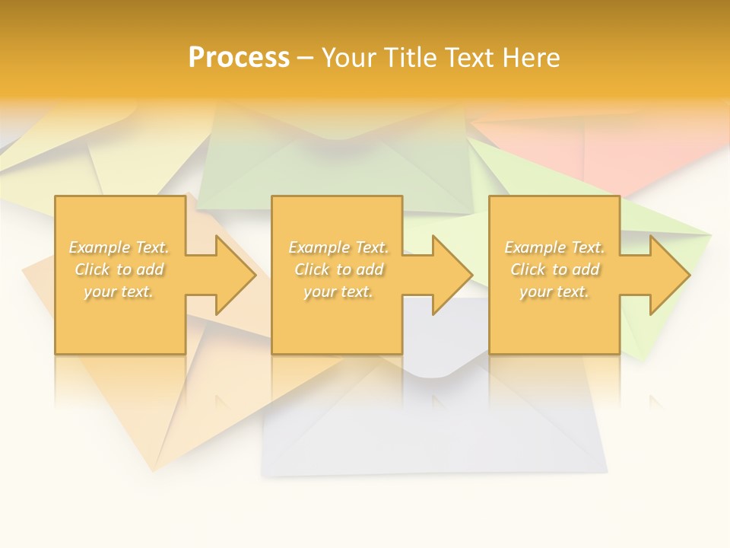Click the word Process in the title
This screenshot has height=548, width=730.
239,58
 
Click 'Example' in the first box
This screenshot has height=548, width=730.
100,247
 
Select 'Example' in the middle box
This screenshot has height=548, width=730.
319,247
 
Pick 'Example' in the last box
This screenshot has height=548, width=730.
535,247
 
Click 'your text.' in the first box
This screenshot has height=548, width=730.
119,292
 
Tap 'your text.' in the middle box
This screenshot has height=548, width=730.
338,292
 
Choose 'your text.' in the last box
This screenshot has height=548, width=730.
554,292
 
